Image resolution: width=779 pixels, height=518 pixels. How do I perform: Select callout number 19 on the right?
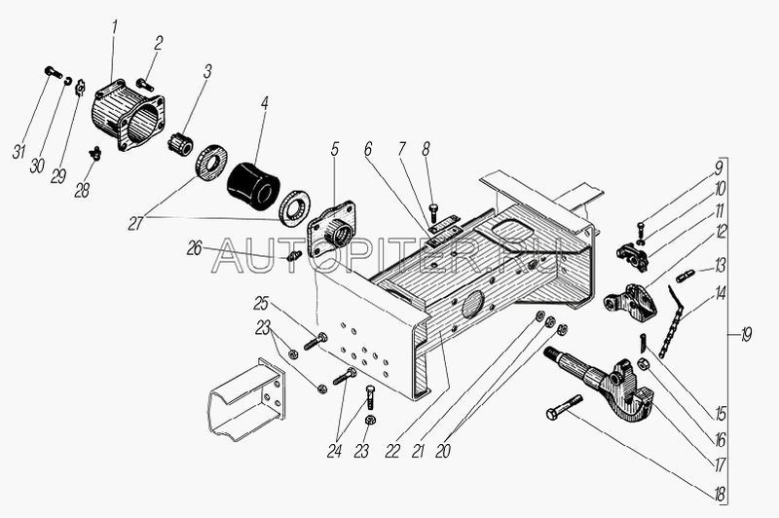coord(746,336)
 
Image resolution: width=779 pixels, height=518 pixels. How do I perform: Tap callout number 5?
coord(334,149)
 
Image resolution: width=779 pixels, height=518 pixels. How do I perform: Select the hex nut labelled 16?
coord(643,364)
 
